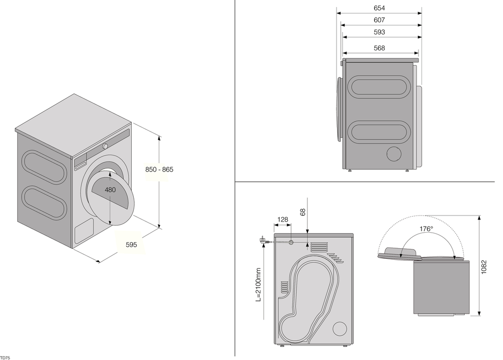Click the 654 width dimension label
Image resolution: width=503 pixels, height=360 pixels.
tap(379, 8)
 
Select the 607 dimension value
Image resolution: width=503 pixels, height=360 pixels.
tap(379, 20)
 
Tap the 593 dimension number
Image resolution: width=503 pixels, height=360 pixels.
tap(379, 32)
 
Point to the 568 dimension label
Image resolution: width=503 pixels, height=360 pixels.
tap(379, 48)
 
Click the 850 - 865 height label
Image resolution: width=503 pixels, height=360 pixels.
tap(159, 170)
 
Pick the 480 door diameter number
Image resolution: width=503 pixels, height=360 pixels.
tap(110, 190)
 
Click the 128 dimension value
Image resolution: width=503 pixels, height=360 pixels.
tap(283, 219)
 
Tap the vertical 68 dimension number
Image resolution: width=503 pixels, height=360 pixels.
tap(303, 212)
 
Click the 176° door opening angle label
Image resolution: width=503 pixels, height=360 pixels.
tap(426, 229)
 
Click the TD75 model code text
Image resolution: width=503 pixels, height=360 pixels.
tap(5, 356)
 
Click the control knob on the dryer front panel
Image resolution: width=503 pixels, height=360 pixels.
tap(105, 146)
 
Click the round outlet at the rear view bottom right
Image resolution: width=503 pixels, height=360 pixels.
tap(340, 328)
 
